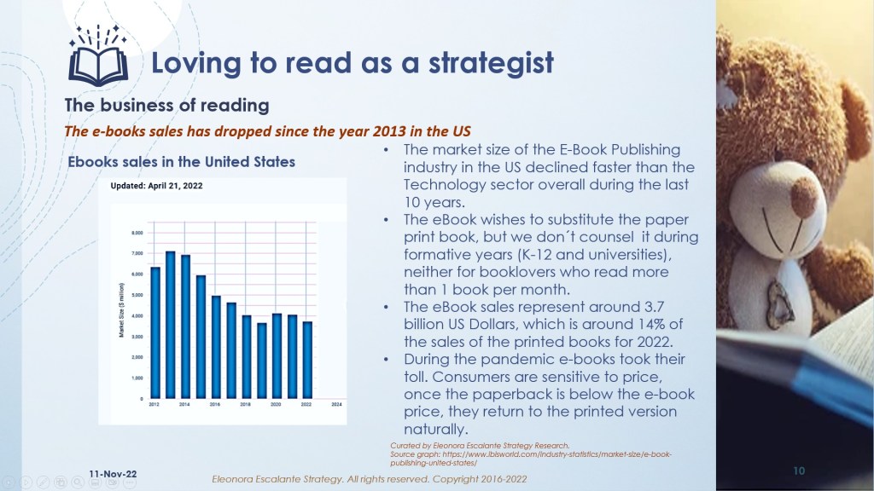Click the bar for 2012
[x=155, y=332]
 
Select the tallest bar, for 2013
[x=171, y=325]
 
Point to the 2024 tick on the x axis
[x=336, y=405]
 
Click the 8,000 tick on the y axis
[x=137, y=233]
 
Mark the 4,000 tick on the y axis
[x=137, y=316]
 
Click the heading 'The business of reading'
[x=167, y=106]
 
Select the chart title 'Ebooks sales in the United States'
[x=182, y=161]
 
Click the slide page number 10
[x=799, y=470]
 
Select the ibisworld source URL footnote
[x=529, y=458]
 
